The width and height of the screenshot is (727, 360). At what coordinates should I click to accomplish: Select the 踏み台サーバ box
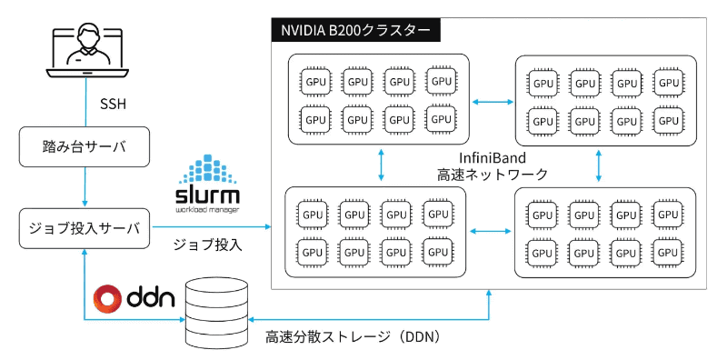(x=85, y=146)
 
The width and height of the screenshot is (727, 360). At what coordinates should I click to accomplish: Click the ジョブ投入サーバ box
(x=85, y=228)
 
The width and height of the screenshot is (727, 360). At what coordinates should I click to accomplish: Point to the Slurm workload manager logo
(x=206, y=185)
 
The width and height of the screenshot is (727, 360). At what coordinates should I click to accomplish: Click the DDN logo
(x=134, y=298)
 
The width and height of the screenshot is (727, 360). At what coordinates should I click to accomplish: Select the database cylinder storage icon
(x=215, y=313)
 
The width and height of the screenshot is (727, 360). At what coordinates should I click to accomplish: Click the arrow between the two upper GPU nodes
(x=492, y=102)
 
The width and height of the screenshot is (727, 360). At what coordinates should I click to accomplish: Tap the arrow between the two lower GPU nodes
(x=490, y=232)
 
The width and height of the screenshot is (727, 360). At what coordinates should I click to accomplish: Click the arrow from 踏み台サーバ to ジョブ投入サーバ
(x=85, y=187)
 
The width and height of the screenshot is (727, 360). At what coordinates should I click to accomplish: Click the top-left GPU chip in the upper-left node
(x=315, y=82)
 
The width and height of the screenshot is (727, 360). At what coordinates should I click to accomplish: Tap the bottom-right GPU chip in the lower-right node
(x=669, y=252)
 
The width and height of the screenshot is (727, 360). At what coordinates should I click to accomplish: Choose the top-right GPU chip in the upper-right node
(x=669, y=83)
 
